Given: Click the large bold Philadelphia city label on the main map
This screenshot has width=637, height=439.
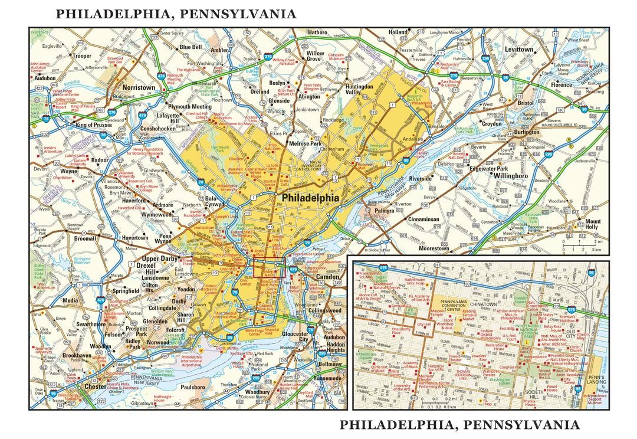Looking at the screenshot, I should coord(311,198).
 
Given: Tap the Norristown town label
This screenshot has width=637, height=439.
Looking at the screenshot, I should coord(139,87).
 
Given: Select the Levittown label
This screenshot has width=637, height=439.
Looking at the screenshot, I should coord(518,50).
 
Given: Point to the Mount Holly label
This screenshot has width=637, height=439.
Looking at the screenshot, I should coord(592,225).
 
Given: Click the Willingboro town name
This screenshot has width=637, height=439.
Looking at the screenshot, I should coord(511,176).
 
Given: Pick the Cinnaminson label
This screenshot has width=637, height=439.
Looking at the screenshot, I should coord(416,219).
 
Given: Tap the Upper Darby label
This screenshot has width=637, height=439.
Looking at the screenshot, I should coord(160,260).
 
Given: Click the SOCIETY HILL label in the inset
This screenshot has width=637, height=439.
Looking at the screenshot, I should coord(536,395).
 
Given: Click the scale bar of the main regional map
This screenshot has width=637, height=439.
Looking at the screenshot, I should coord(580,245).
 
